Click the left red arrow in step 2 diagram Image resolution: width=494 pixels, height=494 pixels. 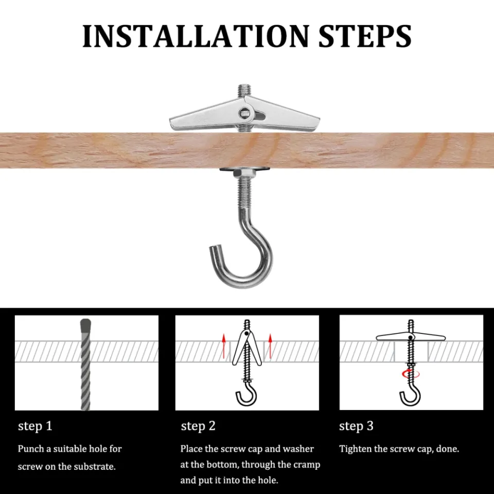click(224, 345)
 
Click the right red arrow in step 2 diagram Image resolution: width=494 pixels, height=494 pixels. click(270, 345)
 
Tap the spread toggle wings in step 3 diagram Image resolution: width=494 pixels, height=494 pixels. click(410, 337)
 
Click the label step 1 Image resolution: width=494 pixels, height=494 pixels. click(35, 426)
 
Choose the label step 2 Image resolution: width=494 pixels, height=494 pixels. click(198, 426)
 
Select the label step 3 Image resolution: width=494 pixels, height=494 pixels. click(356, 426)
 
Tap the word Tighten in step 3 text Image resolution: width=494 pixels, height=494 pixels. click(356, 449)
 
